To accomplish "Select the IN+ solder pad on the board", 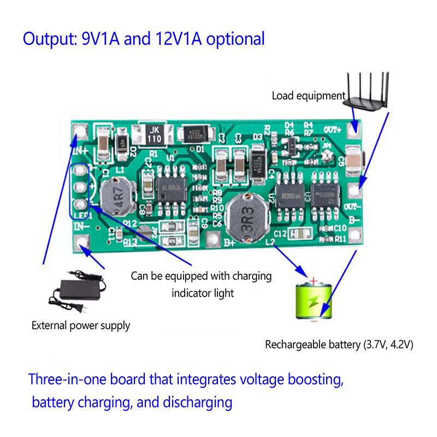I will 82,131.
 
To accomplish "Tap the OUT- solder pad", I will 357,190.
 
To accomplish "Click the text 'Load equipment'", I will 309,97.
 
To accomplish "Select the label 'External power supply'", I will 81,326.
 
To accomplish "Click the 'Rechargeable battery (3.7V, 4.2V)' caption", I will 339,345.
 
